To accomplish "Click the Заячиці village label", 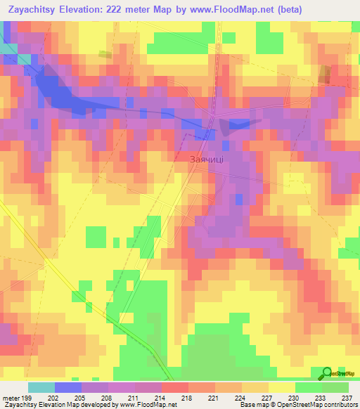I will [207, 160].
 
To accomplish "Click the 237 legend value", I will [345, 397].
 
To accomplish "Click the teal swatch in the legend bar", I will [41, 387].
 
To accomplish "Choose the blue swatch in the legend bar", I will [68, 387].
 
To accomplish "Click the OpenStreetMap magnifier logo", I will [328, 373].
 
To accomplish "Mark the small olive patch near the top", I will [105, 54].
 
